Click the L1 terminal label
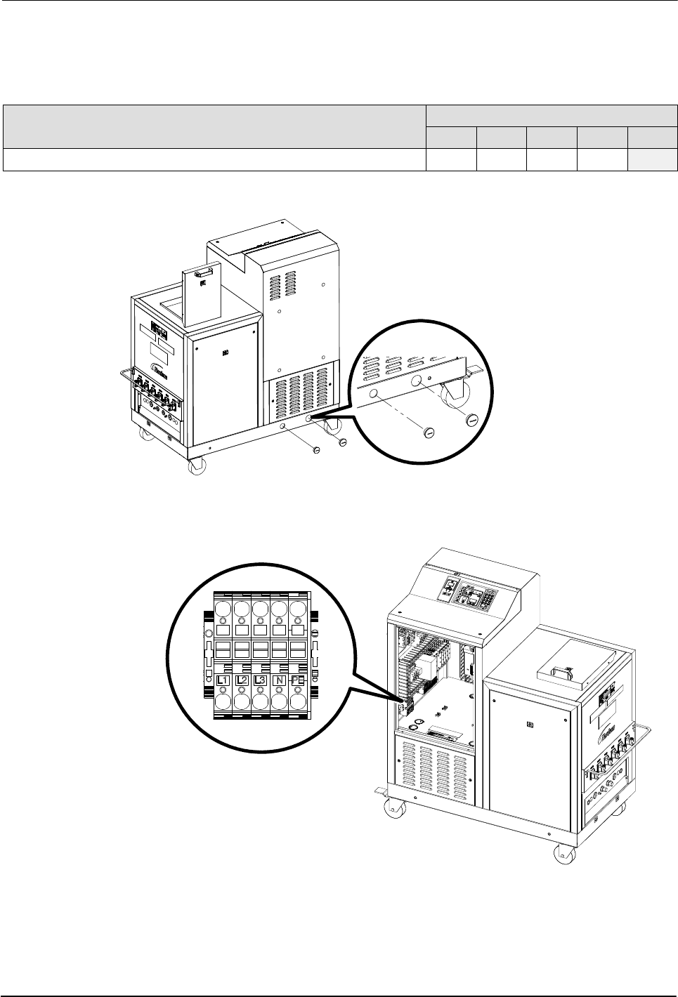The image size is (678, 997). click(x=223, y=680)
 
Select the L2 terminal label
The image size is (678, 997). click(x=242, y=680)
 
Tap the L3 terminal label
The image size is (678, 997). click(x=260, y=680)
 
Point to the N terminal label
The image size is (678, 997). click(x=279, y=680)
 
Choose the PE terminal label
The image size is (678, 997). click(x=296, y=680)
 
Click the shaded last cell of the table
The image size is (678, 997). click(x=653, y=159)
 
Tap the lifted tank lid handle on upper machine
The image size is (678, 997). click(x=204, y=271)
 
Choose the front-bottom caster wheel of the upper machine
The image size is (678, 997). click(x=195, y=466)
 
